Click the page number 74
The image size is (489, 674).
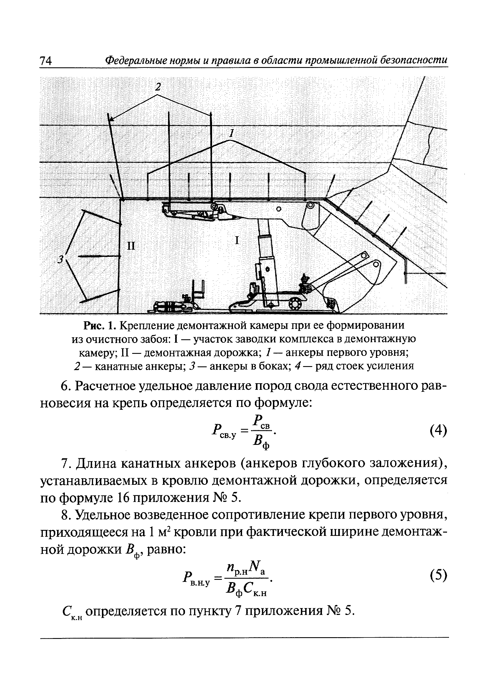[x=46, y=60]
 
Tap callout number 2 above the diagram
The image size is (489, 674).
[x=158, y=86]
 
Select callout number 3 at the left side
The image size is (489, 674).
[x=61, y=259]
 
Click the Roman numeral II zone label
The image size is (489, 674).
[x=131, y=246]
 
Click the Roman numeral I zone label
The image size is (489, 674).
[x=237, y=240]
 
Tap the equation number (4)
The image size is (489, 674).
[x=438, y=431]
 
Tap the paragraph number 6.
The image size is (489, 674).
[x=65, y=386]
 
